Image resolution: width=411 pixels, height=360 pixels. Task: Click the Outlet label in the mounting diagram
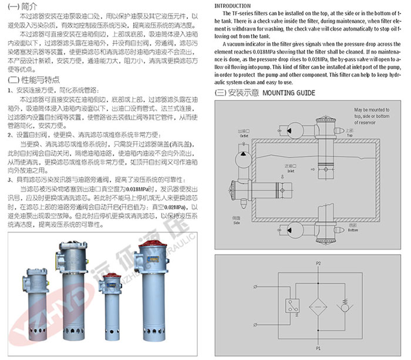[x=243, y=133]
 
